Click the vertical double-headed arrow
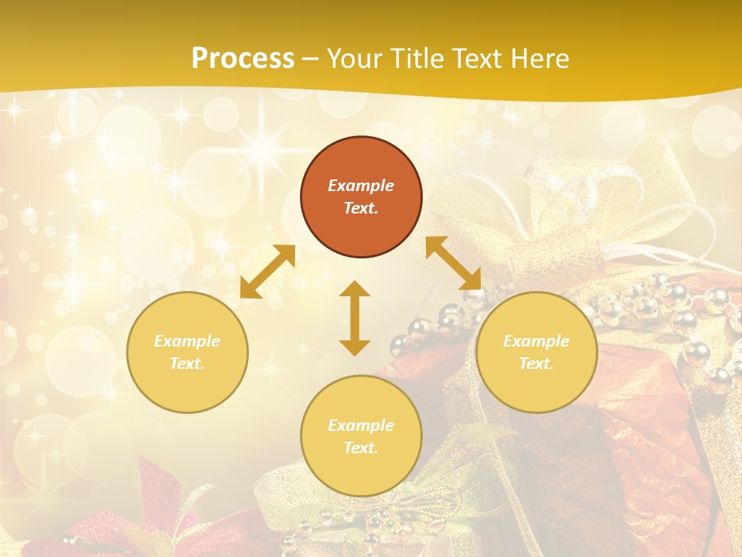tap(355, 318)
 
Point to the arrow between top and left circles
tap(267, 272)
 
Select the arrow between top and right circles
tap(453, 263)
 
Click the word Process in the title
tap(243, 59)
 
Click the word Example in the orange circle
tap(361, 186)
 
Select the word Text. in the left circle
tap(187, 364)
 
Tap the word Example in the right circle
tap(536, 341)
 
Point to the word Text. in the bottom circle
tap(361, 448)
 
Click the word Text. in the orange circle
tap(361, 208)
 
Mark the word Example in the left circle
tap(187, 341)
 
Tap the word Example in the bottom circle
tap(361, 425)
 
